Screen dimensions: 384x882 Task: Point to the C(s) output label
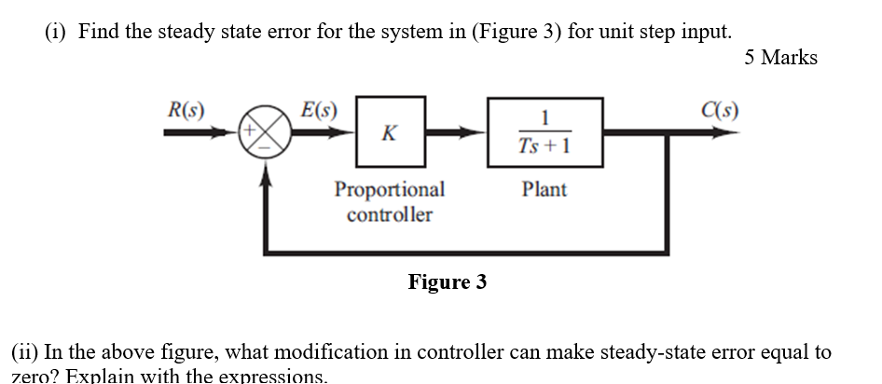pyautogui.click(x=722, y=109)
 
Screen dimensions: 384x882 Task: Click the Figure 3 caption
pyautogui.click(x=447, y=281)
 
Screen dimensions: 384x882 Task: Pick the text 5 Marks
pyautogui.click(x=780, y=58)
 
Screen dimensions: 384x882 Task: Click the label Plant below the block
pyautogui.click(x=544, y=189)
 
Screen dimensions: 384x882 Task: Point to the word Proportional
pyautogui.click(x=390, y=189)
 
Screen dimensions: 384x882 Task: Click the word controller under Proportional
pyautogui.click(x=390, y=214)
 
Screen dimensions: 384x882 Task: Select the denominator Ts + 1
pyautogui.click(x=544, y=146)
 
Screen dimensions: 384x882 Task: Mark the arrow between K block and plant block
pyautogui.click(x=457, y=132)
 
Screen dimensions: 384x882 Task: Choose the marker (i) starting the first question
pyautogui.click(x=59, y=31)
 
